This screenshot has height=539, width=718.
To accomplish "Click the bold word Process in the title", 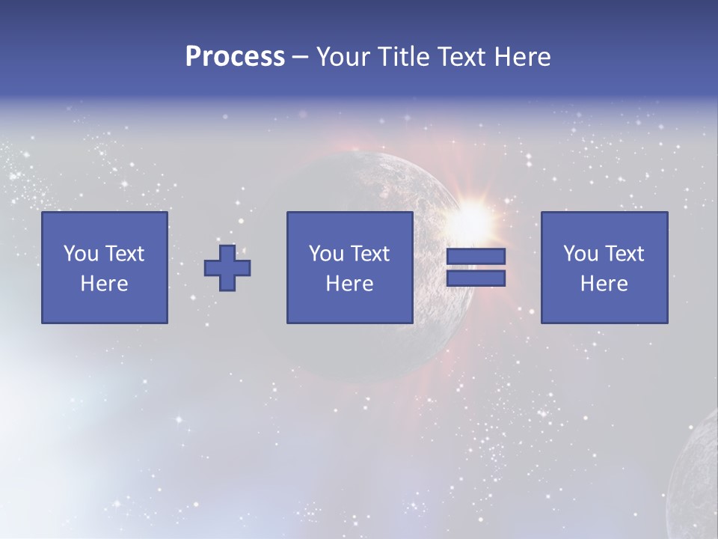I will click(x=235, y=57).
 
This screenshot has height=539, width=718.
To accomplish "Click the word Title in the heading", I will click(x=402, y=57).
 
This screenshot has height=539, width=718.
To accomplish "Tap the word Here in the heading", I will click(x=522, y=57).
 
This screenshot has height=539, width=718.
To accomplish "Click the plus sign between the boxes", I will click(x=227, y=268).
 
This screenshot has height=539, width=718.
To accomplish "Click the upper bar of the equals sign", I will click(x=476, y=257).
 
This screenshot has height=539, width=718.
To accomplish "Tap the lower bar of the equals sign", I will click(x=476, y=278).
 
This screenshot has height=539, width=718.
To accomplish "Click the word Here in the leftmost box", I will click(x=104, y=284).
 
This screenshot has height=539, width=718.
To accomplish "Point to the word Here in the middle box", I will click(x=349, y=284).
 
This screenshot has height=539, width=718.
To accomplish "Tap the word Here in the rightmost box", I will click(x=604, y=284).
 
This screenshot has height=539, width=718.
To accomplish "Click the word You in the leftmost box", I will click(x=79, y=254).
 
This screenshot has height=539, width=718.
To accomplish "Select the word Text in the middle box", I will click(x=370, y=254).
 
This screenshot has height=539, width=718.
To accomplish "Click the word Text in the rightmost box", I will click(x=625, y=254).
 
